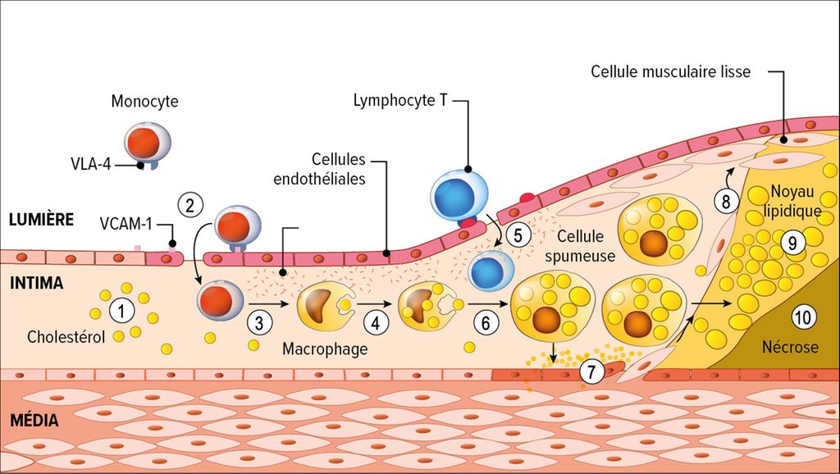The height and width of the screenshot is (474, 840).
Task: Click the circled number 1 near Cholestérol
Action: coord(121,312)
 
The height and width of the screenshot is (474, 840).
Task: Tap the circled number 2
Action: coord(190,205)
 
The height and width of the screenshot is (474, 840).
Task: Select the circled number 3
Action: coord(259,322)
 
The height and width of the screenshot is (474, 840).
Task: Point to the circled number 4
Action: coord(376,322)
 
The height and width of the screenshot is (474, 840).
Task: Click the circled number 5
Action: coord(518,234)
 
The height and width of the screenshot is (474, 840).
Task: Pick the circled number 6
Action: coord(486,322)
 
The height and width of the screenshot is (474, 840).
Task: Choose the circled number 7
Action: coord(592,371)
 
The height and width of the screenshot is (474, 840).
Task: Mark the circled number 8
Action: coord(725,201)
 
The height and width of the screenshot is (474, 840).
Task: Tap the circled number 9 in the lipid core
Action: coord(792,242)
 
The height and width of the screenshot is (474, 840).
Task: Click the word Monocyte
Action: coord(145,102)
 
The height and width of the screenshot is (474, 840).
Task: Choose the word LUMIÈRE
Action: coord(42,219)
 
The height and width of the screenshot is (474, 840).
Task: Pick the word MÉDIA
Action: coord(34,421)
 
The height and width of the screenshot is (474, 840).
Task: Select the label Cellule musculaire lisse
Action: coord(670,71)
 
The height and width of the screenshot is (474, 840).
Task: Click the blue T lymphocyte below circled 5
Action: coord(491,271)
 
